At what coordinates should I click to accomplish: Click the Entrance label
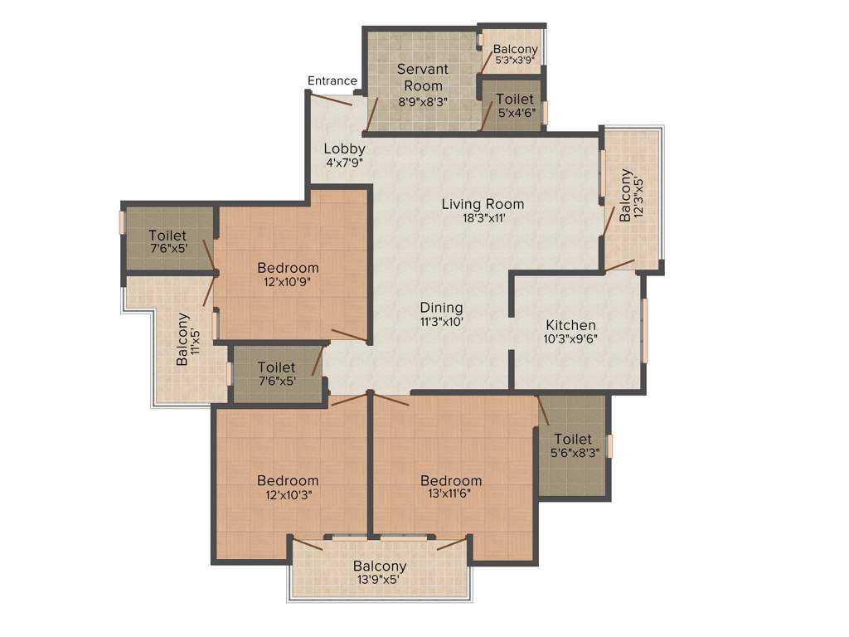[332, 80]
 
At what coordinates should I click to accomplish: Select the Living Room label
[483, 204]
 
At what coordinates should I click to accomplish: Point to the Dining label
[441, 308]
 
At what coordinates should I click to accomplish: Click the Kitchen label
[570, 325]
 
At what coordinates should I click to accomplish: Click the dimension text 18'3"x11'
[482, 218]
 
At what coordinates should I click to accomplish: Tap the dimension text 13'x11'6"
[451, 495]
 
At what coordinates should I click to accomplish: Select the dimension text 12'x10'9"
[288, 281]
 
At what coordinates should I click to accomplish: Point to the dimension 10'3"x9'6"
[570, 338]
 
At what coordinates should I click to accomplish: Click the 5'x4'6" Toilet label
[515, 100]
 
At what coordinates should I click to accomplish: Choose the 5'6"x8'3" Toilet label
[573, 439]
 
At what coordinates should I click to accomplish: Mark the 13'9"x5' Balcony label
[381, 566]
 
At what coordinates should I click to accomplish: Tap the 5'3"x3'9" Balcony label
[515, 49]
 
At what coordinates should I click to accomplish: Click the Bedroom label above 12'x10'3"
[288, 480]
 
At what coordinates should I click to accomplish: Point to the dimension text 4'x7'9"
[345, 163]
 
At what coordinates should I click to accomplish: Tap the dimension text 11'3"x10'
[441, 322]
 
